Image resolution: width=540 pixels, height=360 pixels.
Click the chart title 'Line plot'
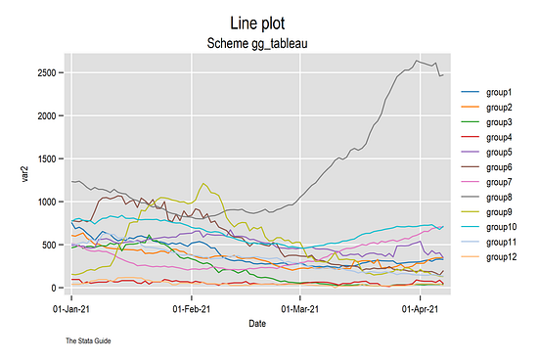[258, 22]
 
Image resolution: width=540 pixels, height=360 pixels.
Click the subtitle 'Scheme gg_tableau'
[258, 44]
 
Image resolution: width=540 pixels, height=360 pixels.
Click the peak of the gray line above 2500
[417, 61]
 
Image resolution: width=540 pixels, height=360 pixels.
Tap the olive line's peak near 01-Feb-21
[203, 183]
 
